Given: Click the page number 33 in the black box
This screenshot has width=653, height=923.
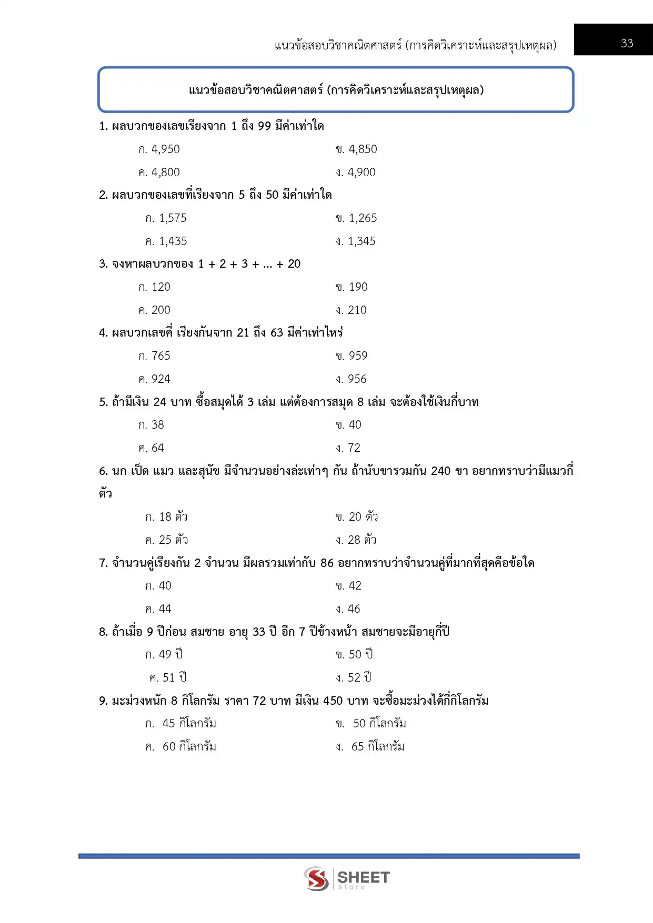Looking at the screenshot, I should pyautogui.click(x=627, y=43).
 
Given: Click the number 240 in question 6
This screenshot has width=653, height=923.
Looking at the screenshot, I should pyautogui.click(x=440, y=471).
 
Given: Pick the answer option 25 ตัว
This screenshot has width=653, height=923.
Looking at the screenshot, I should pyautogui.click(x=167, y=540).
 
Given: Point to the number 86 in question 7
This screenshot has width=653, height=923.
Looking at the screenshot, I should pyautogui.click(x=327, y=563).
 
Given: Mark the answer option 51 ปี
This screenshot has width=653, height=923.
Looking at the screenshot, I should pyautogui.click(x=168, y=678).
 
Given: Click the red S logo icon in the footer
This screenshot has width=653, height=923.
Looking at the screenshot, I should pyautogui.click(x=316, y=878).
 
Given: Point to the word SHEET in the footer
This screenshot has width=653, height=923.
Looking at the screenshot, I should pyautogui.click(x=363, y=877).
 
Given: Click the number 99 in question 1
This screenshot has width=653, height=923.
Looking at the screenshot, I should pyautogui.click(x=264, y=126).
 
